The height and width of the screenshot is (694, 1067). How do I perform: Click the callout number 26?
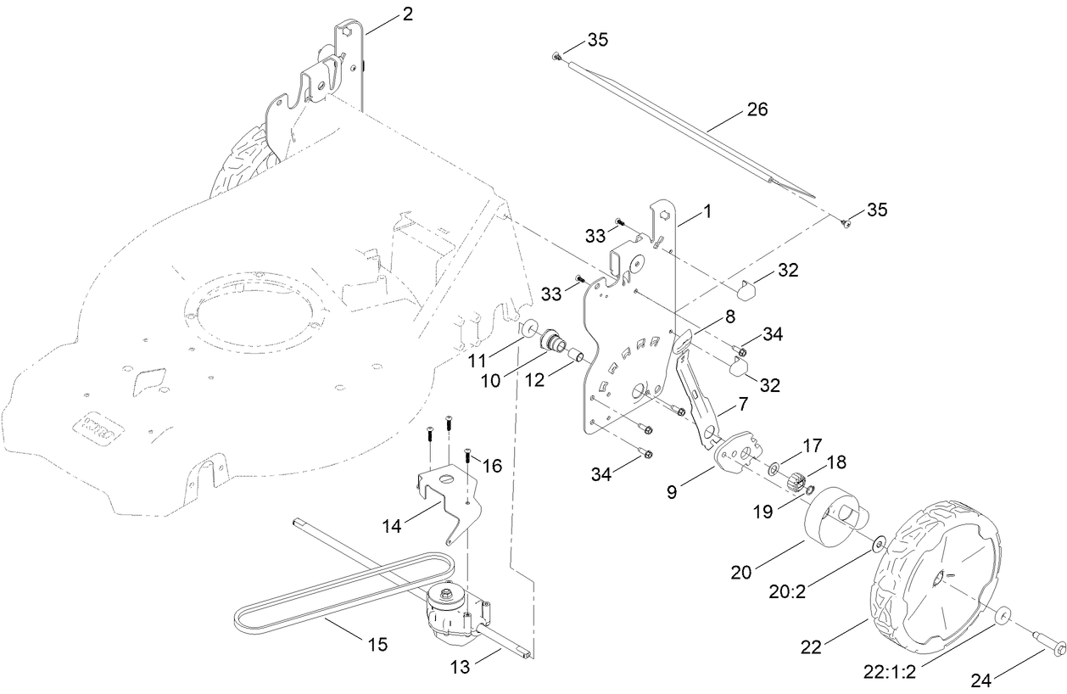(x=757, y=109)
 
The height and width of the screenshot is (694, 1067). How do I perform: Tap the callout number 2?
(x=408, y=14)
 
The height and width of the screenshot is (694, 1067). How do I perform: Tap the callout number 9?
(x=672, y=490)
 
